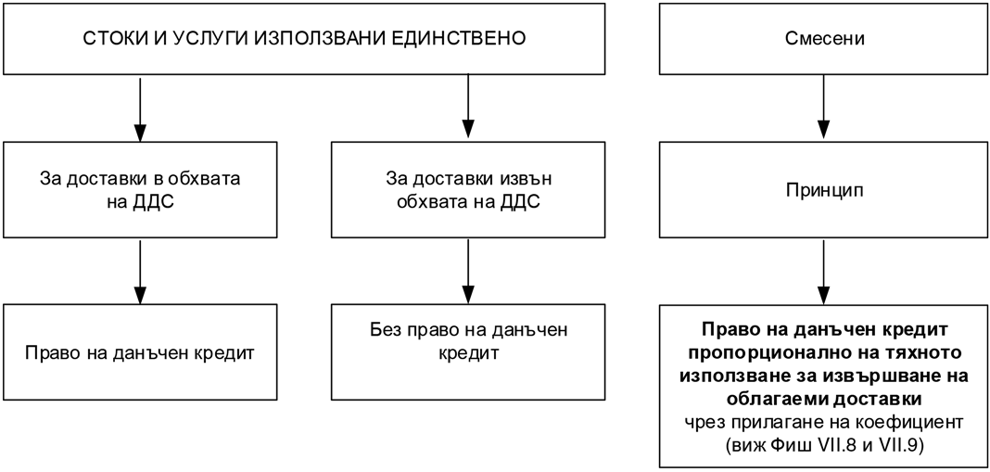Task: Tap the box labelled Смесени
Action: click(x=825, y=39)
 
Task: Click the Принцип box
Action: click(x=825, y=190)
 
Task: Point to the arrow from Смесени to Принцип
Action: click(x=825, y=108)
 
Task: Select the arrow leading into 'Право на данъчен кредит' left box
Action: click(x=139, y=271)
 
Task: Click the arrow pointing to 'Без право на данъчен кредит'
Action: click(x=466, y=271)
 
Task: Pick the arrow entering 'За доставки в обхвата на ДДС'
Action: click(x=139, y=108)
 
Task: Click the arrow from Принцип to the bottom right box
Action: click(x=825, y=271)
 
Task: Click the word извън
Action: click(x=528, y=179)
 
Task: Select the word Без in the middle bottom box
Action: click(x=383, y=329)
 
